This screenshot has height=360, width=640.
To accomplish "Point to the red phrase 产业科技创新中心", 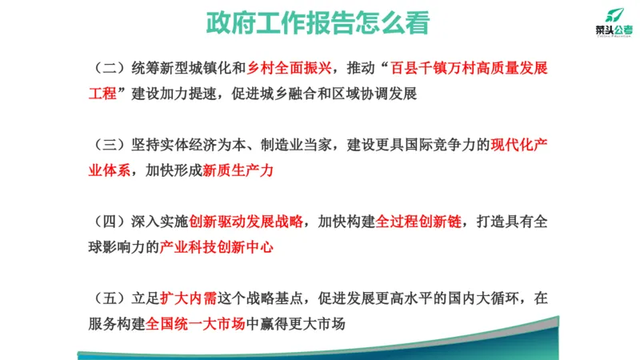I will click(217, 247).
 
